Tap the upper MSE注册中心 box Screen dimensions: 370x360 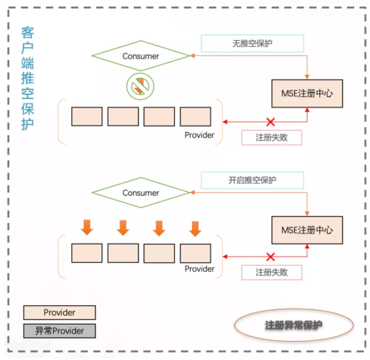pos(307,94)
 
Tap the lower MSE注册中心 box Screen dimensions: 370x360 pos(307,230)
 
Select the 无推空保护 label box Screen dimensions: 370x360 pos(252,43)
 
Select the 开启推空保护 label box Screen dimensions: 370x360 pos(252,180)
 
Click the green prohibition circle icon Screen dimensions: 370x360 pos(140,86)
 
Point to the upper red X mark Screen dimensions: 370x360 pos(270,122)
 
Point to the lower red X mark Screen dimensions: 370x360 pos(270,257)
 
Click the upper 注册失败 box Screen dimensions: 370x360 pos(272,137)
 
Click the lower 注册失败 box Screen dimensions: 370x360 pos(272,272)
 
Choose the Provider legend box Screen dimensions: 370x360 pos(60,313)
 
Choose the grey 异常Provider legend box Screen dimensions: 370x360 pos(60,331)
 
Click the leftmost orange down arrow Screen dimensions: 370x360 pos(87,227)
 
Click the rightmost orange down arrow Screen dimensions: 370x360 pos(195,229)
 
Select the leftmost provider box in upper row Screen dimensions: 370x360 pos(87,117)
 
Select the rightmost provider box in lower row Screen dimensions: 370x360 pos(196,253)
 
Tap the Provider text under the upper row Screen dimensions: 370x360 pos(199,135)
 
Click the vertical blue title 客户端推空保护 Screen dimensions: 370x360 pos(27,78)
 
